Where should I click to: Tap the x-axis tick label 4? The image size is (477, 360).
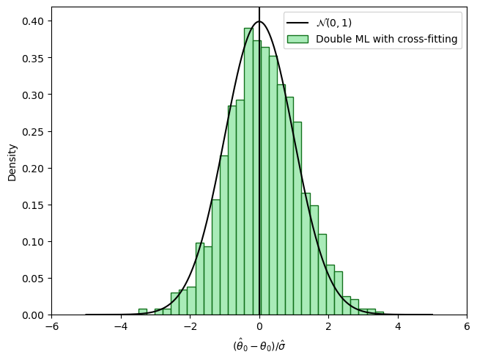point(398,328)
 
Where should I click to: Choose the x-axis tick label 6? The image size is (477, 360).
point(467,328)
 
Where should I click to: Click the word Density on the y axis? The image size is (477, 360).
point(12,162)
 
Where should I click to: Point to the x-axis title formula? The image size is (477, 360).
point(259,344)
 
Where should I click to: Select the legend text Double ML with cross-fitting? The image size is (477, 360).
point(387,40)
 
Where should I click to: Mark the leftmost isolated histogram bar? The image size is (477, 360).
point(142,312)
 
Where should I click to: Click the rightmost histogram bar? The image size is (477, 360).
point(380,314)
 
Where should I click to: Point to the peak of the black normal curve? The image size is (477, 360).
point(259,22)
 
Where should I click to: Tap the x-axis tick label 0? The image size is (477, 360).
point(259,328)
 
